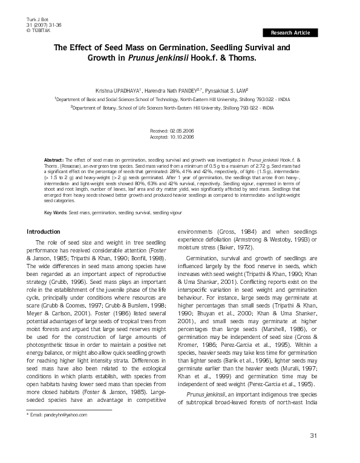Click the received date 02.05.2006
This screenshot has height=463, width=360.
(181, 131)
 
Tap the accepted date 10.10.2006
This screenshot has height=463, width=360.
(181, 137)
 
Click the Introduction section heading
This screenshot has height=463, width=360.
(44, 232)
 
